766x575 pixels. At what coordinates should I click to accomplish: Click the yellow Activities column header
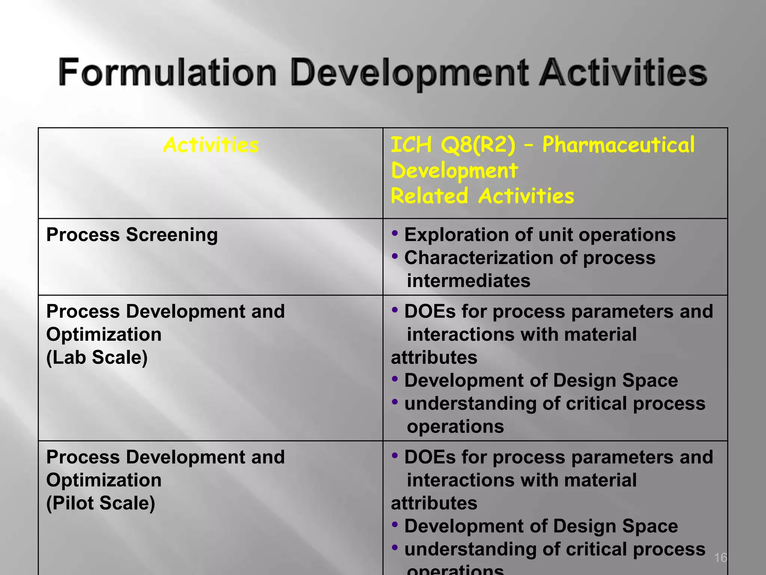tap(211, 145)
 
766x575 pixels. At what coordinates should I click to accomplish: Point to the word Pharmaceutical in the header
tap(618, 145)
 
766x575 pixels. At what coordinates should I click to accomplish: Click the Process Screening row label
tap(132, 235)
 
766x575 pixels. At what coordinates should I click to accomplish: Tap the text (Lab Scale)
tap(97, 357)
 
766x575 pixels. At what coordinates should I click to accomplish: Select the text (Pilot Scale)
tap(101, 503)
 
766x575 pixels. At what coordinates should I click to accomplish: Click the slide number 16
tap(720, 557)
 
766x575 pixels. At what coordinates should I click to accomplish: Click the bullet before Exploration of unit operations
tap(395, 234)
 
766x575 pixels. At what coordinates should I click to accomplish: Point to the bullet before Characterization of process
tap(395, 257)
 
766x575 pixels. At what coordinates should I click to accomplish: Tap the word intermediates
tap(468, 281)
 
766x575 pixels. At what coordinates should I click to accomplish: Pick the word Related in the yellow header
tap(429, 196)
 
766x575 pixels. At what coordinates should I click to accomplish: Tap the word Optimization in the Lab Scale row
tap(104, 334)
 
